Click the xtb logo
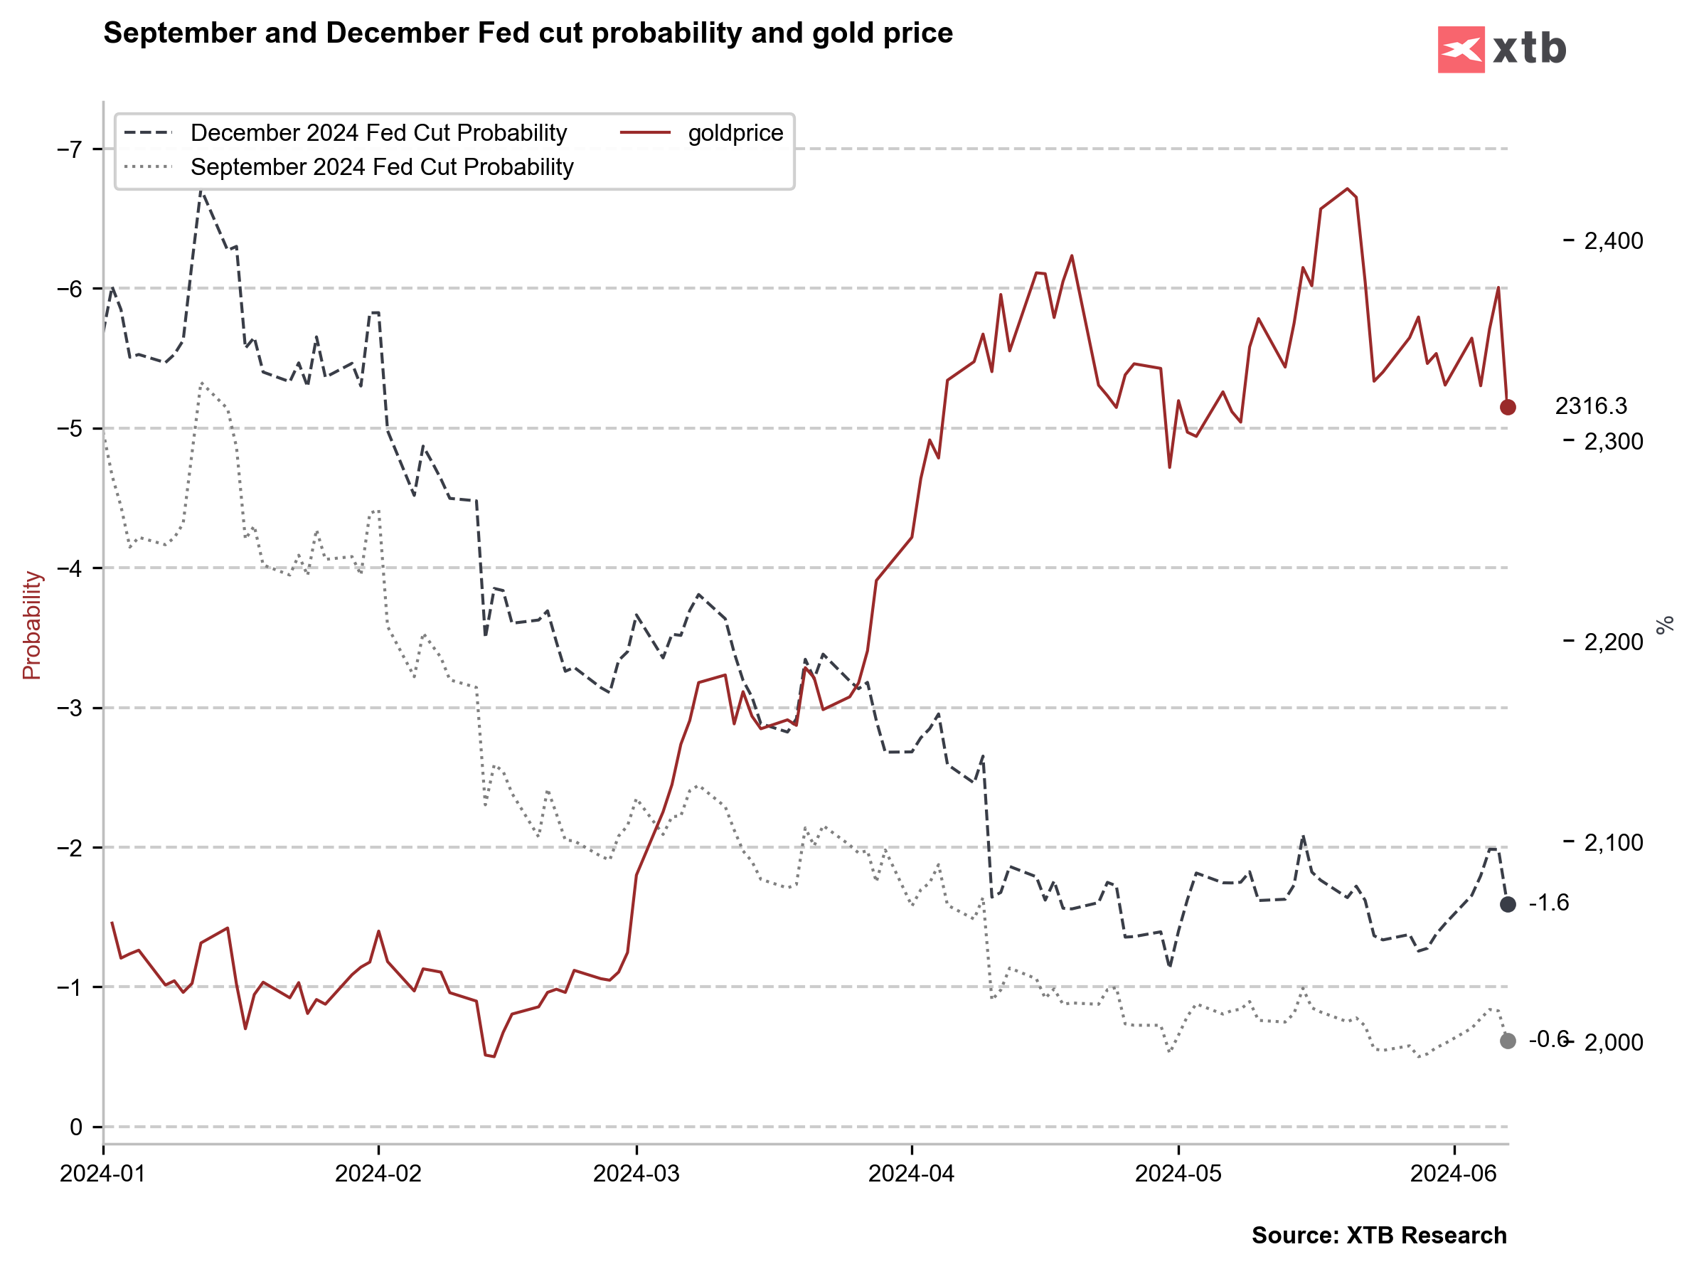click(1501, 49)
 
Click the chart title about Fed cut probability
click(528, 33)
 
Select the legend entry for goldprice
click(735, 133)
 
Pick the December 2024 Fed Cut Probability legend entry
click(378, 133)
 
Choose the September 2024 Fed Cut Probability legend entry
click(382, 167)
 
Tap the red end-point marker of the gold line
click(1508, 407)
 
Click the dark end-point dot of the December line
click(1508, 904)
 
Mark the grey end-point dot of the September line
click(1508, 1041)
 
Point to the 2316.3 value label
click(1591, 406)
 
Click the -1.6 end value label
click(1548, 903)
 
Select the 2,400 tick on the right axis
click(1613, 241)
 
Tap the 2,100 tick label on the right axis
click(1613, 843)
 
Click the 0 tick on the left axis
click(75, 1127)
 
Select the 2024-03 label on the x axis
click(637, 1174)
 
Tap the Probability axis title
click(31, 625)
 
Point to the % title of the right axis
click(1665, 625)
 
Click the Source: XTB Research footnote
click(1379, 1235)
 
